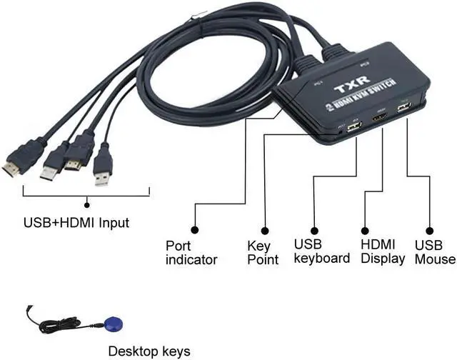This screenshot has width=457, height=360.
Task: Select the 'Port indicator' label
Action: pos(191,252)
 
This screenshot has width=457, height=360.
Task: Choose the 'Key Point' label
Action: pos(263,252)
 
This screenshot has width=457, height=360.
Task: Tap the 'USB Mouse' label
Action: pos(434,252)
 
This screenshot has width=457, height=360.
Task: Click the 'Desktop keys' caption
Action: pos(149,351)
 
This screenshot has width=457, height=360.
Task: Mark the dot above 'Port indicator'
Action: pos(195,230)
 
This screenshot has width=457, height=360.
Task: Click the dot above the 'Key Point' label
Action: pos(264,230)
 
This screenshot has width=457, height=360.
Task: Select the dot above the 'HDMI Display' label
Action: pos(364,230)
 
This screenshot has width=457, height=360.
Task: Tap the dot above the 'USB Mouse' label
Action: pos(431,230)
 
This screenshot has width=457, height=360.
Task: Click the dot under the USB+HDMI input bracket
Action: pos(87,204)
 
